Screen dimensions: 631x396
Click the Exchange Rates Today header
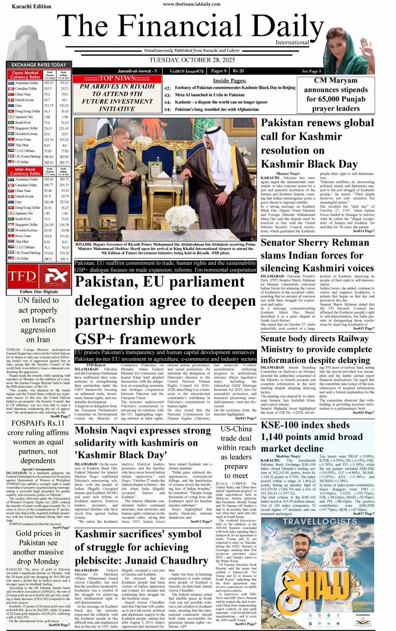[39, 65]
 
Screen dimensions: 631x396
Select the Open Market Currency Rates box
[25, 75]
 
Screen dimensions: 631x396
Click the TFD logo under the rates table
[22, 276]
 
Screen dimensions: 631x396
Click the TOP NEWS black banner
[117, 78]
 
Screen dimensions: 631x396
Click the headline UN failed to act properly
[38, 320]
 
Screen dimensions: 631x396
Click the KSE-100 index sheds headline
[311, 437]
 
